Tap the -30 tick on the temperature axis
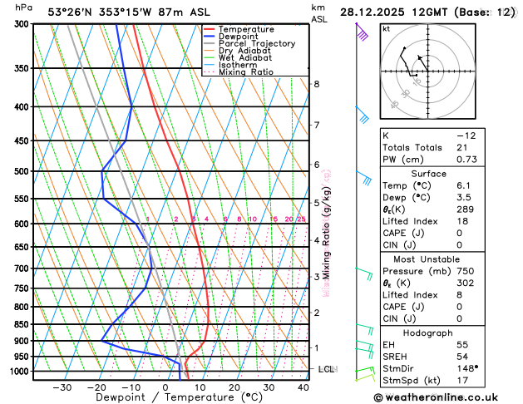pyautogui.click(x=62, y=387)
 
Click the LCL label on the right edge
pyautogui.click(x=327, y=369)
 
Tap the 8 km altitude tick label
pyautogui.click(x=316, y=84)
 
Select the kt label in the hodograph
pyautogui.click(x=386, y=28)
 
